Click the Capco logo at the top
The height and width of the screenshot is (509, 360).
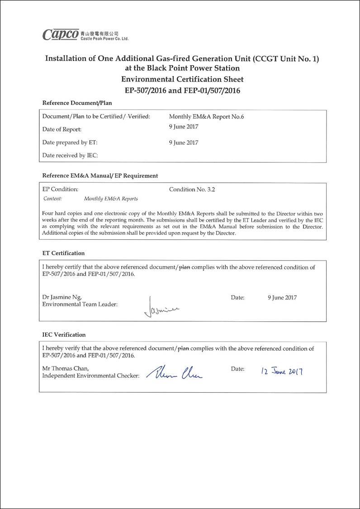61,34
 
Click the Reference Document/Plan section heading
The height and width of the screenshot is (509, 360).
77,103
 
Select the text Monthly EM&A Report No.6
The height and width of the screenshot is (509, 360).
206,117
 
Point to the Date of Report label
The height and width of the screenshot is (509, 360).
62,129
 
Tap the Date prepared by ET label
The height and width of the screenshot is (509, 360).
70,143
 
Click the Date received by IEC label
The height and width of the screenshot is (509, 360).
70,156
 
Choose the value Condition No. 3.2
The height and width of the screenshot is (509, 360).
192,190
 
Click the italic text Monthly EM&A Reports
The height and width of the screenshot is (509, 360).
111,199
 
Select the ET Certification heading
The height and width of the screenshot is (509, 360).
63,253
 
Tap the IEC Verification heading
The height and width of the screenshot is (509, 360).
64,335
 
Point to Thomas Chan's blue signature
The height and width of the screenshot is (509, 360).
175,372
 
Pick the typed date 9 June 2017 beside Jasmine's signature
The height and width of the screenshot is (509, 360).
282,298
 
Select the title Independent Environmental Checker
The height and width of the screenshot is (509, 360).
90,376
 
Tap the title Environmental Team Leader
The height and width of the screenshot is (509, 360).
80,304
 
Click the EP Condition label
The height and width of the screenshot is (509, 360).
60,190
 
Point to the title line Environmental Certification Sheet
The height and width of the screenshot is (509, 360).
182,79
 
